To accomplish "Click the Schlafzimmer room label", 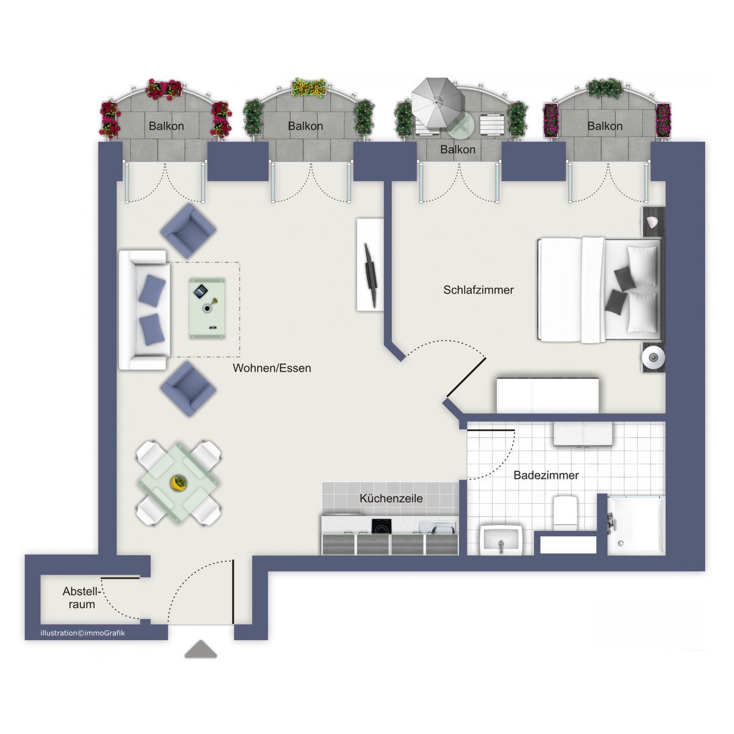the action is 478,290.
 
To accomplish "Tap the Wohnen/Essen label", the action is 272,368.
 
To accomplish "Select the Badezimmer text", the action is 546,475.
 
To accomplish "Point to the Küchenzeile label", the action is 391,498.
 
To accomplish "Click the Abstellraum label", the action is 82,597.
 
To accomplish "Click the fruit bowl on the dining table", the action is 178,483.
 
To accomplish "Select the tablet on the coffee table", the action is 200,292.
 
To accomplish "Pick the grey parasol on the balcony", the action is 437,103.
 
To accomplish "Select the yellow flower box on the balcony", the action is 309,88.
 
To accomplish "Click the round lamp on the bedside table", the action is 653,357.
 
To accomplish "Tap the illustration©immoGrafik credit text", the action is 83,633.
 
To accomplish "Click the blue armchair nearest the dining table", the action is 188,389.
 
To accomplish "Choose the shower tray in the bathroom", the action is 636,525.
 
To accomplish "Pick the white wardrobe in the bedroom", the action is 547,396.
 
